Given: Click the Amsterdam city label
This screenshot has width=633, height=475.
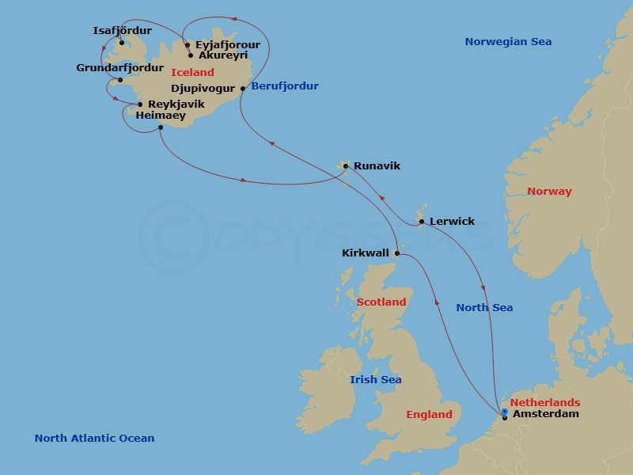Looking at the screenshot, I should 545,414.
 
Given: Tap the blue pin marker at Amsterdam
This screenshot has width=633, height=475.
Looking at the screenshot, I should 504,411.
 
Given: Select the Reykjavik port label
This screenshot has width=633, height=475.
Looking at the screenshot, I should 176,104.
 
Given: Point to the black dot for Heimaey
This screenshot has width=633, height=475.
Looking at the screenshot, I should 160,127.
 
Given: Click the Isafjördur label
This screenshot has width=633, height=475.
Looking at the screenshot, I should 122,31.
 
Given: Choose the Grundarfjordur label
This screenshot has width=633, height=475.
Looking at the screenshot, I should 119,68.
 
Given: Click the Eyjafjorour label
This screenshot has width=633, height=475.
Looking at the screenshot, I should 227,45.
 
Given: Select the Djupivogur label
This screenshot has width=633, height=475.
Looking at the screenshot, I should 203,89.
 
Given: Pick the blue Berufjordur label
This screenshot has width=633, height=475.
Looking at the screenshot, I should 284,86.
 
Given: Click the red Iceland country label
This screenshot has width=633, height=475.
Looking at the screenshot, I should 192,72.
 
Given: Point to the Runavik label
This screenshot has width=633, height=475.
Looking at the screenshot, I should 377,166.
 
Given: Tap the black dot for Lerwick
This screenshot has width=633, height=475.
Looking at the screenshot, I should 422,222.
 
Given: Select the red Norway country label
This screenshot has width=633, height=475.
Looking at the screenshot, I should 549,192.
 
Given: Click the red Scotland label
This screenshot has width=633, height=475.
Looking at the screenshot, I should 381,302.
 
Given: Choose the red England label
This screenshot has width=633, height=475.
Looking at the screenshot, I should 429,415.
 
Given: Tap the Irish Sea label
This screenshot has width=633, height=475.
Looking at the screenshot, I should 375,380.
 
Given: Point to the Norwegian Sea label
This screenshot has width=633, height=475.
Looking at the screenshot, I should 508,42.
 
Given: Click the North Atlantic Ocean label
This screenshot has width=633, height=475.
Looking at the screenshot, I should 94,439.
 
